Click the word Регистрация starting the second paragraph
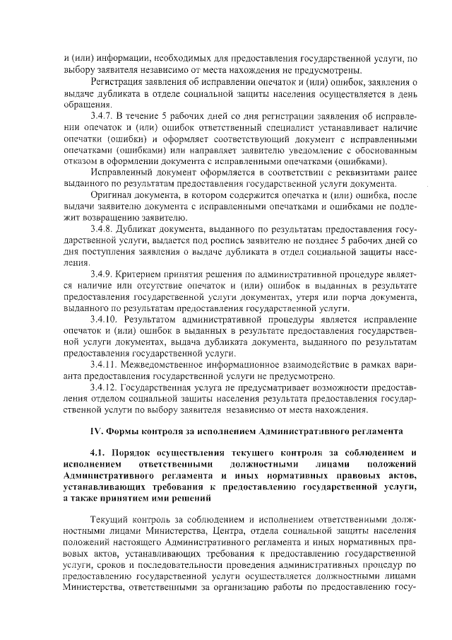(117, 81)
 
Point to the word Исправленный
(121, 172)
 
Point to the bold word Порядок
(143, 453)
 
